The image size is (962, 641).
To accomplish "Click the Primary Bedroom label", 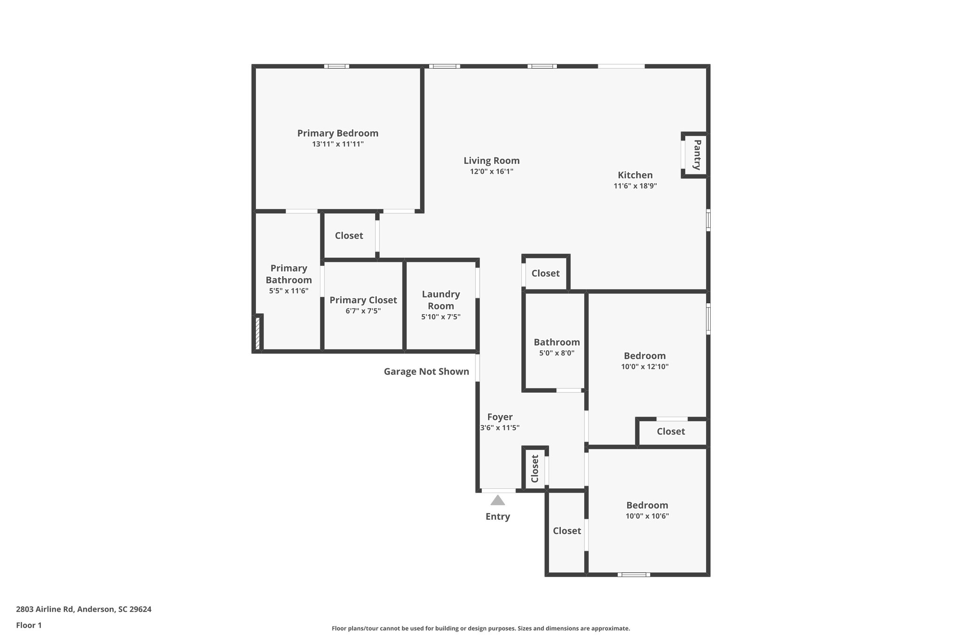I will pos(337,133).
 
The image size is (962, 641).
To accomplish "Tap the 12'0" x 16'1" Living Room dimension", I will pos(491,172).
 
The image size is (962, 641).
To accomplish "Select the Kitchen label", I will pos(635,175).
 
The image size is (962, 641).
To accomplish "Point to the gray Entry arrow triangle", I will pos(497,501).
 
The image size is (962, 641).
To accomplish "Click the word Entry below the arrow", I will pos(497,517).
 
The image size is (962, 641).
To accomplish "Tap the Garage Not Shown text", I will pos(426,371).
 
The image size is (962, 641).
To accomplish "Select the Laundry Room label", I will pos(441,300).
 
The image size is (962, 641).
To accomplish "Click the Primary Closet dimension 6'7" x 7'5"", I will pos(363,311).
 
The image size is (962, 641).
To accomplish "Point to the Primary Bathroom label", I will pos(288,274).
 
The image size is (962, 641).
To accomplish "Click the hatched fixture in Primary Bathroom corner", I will pos(257,333).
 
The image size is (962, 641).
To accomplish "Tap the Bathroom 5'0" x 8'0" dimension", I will pos(557,353).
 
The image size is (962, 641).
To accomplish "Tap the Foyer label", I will pos(499,417).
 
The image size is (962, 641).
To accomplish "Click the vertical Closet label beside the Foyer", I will pos(535,469).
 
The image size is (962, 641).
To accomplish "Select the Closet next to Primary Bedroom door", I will pos(349,236).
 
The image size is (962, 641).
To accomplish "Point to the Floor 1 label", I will pos(29,626).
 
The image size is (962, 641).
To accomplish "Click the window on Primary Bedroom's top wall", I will pos(336,66).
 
